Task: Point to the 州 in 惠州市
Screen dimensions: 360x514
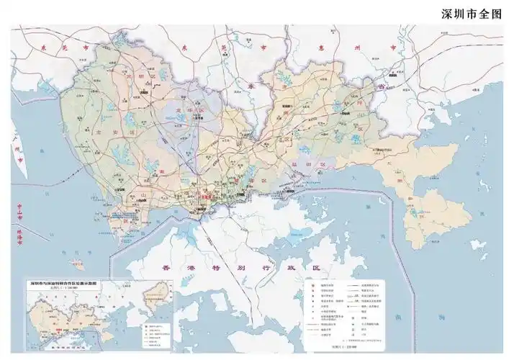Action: pos(356,45)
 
